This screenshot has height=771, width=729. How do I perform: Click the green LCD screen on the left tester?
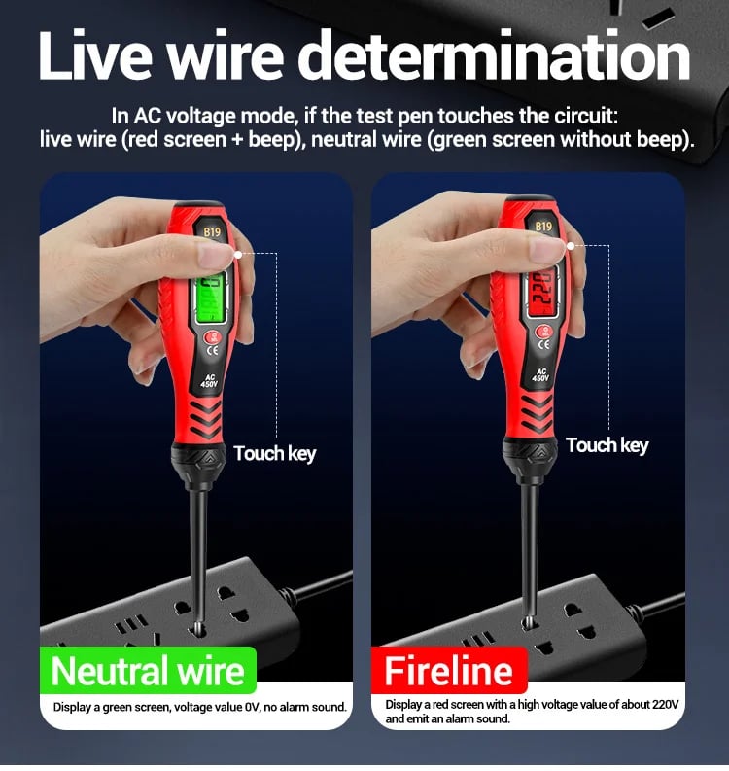211,297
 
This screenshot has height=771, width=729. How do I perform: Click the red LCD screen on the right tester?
543,290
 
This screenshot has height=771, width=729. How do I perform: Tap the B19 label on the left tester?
212,231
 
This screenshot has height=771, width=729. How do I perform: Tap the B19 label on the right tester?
543,226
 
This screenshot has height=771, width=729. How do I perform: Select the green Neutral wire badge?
148,671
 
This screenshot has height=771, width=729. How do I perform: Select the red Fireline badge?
449,670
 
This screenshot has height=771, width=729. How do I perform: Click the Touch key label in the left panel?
274,453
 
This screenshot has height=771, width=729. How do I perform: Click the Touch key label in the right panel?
607,445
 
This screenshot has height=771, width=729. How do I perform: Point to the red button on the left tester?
213,337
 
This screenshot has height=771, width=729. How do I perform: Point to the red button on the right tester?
544,332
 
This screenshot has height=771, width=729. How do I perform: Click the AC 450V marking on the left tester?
209,380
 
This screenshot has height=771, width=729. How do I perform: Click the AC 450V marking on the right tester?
540,374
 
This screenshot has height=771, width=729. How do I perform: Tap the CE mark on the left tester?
212,351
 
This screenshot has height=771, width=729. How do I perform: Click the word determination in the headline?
494,55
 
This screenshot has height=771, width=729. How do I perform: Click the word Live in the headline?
95,55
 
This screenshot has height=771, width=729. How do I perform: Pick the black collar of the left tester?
198,460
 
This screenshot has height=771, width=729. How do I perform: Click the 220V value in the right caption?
665,704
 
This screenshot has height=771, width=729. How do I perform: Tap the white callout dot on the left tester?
238,254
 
